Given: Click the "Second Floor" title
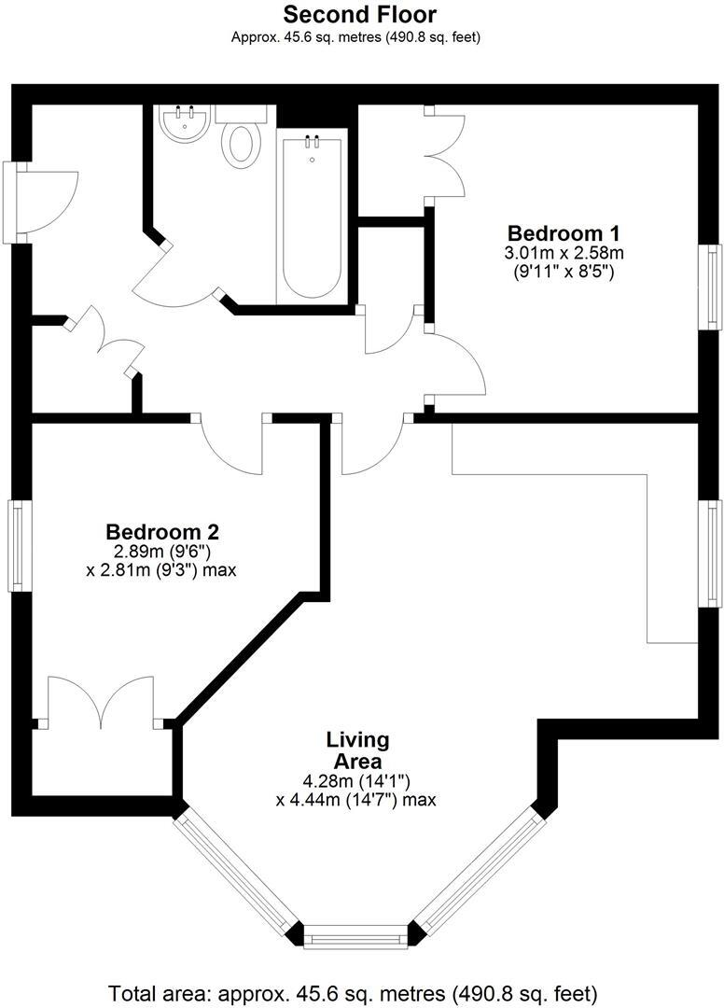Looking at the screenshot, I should [x=359, y=15].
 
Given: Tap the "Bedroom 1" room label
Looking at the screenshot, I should [x=563, y=232].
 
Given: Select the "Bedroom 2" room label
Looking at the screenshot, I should [x=162, y=532].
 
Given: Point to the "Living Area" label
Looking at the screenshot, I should [x=357, y=750].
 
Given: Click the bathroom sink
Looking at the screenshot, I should [x=183, y=124].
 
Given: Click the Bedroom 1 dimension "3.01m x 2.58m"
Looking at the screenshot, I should [x=563, y=253].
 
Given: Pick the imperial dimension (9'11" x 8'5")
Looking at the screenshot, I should [x=563, y=273].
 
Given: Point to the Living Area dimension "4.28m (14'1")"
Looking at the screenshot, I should [x=357, y=780].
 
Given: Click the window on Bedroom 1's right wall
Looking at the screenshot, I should [x=713, y=286].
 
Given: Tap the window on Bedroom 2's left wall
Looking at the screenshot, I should [x=17, y=545].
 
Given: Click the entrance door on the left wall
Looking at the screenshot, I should [x=28, y=203].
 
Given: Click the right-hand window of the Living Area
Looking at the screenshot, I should [x=713, y=553].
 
